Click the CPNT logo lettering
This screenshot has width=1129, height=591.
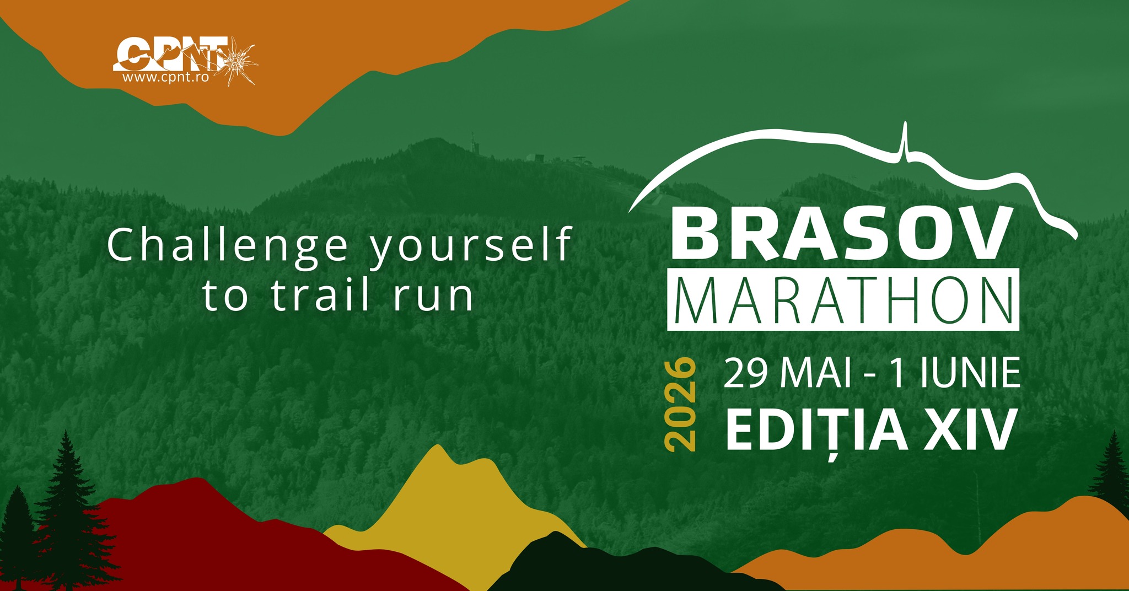(x=171, y=54)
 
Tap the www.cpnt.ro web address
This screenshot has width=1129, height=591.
(x=165, y=78)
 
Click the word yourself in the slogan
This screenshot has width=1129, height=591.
(x=470, y=246)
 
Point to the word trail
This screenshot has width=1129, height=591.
(x=320, y=296)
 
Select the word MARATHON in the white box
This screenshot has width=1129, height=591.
(x=843, y=300)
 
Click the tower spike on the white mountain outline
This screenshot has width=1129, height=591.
(x=904, y=141)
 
